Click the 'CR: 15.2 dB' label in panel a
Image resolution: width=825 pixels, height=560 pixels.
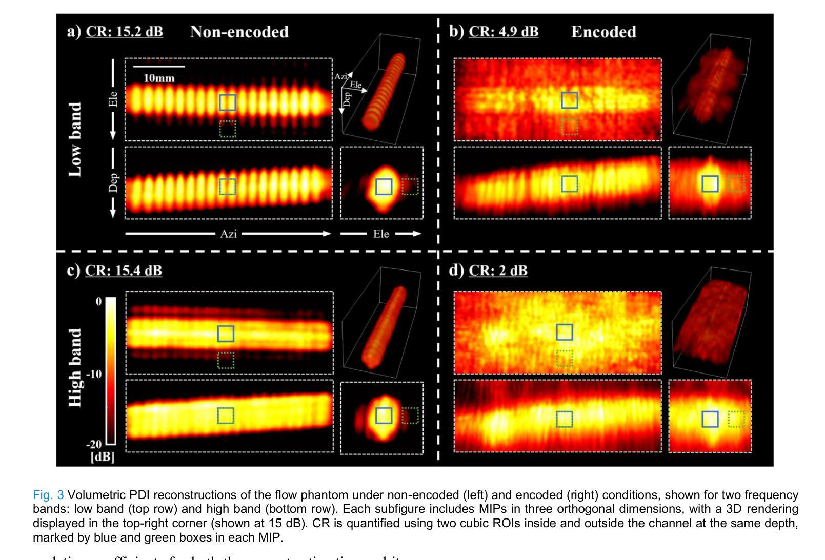pos(124,32)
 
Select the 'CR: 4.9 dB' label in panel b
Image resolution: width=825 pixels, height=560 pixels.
pos(504,32)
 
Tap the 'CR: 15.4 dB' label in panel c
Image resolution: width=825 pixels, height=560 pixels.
pos(124,271)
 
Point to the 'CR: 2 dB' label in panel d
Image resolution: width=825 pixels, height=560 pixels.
pos(498,271)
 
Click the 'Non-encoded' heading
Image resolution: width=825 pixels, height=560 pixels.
pos(239,32)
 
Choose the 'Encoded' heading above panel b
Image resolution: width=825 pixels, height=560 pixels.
pos(603,32)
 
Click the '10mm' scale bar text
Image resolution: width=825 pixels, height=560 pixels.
pos(159,78)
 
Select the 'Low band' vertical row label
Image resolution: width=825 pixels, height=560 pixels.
pos(75,139)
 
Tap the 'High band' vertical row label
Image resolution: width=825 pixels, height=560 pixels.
pos(75,368)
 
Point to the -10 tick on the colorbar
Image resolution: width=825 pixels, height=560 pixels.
pos(94,374)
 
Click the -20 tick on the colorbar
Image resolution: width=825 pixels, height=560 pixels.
pos(94,444)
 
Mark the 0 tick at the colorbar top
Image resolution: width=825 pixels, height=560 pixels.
pos(98,302)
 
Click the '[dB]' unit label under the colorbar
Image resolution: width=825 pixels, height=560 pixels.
pos(103,457)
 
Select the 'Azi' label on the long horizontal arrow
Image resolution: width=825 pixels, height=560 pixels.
pos(228,234)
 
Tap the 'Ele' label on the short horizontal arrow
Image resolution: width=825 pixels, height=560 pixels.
pos(381,234)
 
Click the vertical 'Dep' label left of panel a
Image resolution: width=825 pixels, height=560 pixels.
pos(113,183)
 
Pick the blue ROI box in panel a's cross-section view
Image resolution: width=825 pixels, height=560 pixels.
pos(384,186)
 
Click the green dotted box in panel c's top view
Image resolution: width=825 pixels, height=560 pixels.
pos(226,361)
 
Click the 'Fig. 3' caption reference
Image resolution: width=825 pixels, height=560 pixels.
pos(48,495)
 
